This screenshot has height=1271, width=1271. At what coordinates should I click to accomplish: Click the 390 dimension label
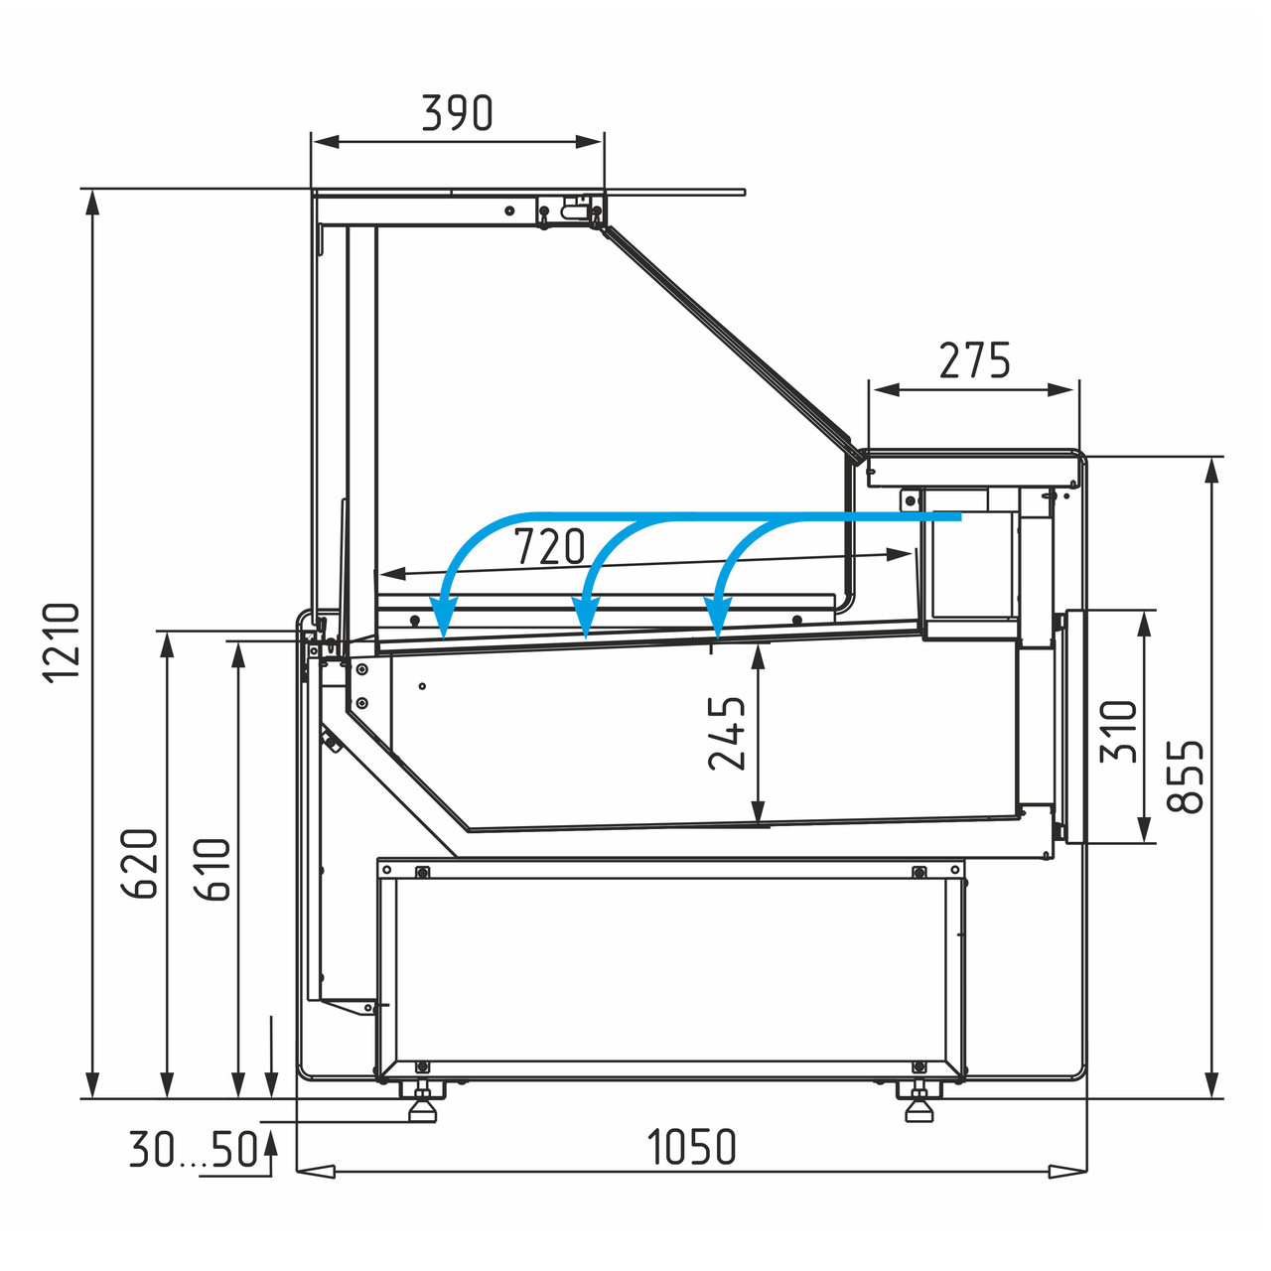457,113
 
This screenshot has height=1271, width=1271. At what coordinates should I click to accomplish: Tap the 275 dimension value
974,360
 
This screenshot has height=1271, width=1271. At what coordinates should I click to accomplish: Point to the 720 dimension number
549,546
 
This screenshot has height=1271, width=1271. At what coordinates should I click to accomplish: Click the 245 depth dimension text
727,734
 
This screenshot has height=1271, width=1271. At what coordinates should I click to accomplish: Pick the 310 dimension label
1119,732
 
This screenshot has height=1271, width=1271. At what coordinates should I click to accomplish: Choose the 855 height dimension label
1185,777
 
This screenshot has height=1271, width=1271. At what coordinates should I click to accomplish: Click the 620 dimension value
139,863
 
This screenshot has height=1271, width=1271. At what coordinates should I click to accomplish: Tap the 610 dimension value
212,869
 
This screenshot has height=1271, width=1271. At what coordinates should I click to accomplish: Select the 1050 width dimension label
691,1147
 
